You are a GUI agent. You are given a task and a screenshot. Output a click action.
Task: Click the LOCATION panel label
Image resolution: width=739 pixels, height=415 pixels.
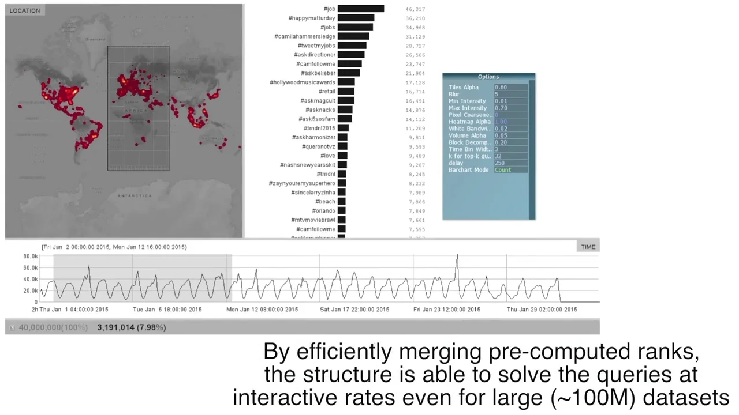[x=25, y=10]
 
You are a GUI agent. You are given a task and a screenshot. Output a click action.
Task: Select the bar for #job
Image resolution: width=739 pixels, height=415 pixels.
[x=361, y=9]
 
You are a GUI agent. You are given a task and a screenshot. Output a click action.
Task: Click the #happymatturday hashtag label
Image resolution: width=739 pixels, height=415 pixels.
[x=312, y=18]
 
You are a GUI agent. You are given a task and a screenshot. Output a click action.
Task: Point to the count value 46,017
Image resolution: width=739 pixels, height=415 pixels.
[x=415, y=9]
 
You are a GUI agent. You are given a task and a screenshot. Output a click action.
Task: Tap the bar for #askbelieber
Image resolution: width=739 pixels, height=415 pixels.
[x=349, y=73]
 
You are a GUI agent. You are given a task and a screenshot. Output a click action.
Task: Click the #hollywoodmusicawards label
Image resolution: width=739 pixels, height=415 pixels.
[x=303, y=82]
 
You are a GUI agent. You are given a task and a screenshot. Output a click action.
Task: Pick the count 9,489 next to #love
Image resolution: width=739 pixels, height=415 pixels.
[x=416, y=156]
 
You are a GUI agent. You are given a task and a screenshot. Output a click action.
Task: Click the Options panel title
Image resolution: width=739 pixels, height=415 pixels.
[x=488, y=77]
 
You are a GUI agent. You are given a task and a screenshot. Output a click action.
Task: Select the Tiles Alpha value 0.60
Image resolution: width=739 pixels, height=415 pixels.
[x=501, y=88]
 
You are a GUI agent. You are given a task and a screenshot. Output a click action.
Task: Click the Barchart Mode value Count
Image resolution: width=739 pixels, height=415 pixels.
[x=503, y=170]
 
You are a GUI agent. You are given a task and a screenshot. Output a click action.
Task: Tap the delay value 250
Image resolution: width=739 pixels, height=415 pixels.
[x=500, y=163]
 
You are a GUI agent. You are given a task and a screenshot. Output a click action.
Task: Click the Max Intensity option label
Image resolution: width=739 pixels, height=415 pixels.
[x=468, y=108]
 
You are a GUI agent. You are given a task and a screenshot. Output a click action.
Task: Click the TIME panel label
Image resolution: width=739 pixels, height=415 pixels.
[x=588, y=247]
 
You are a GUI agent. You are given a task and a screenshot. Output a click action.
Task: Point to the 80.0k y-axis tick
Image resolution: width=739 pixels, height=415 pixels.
[x=31, y=256]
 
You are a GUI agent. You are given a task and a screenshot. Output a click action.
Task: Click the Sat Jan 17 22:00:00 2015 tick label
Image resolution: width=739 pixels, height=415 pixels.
[x=354, y=310]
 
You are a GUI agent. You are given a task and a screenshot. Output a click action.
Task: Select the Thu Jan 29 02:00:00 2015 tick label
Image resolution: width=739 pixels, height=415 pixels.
[x=542, y=310]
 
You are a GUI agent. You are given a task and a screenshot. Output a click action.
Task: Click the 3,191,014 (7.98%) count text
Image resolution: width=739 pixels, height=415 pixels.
[x=131, y=327]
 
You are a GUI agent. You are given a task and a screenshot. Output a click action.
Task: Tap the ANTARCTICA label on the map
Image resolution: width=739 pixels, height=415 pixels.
[x=135, y=196]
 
